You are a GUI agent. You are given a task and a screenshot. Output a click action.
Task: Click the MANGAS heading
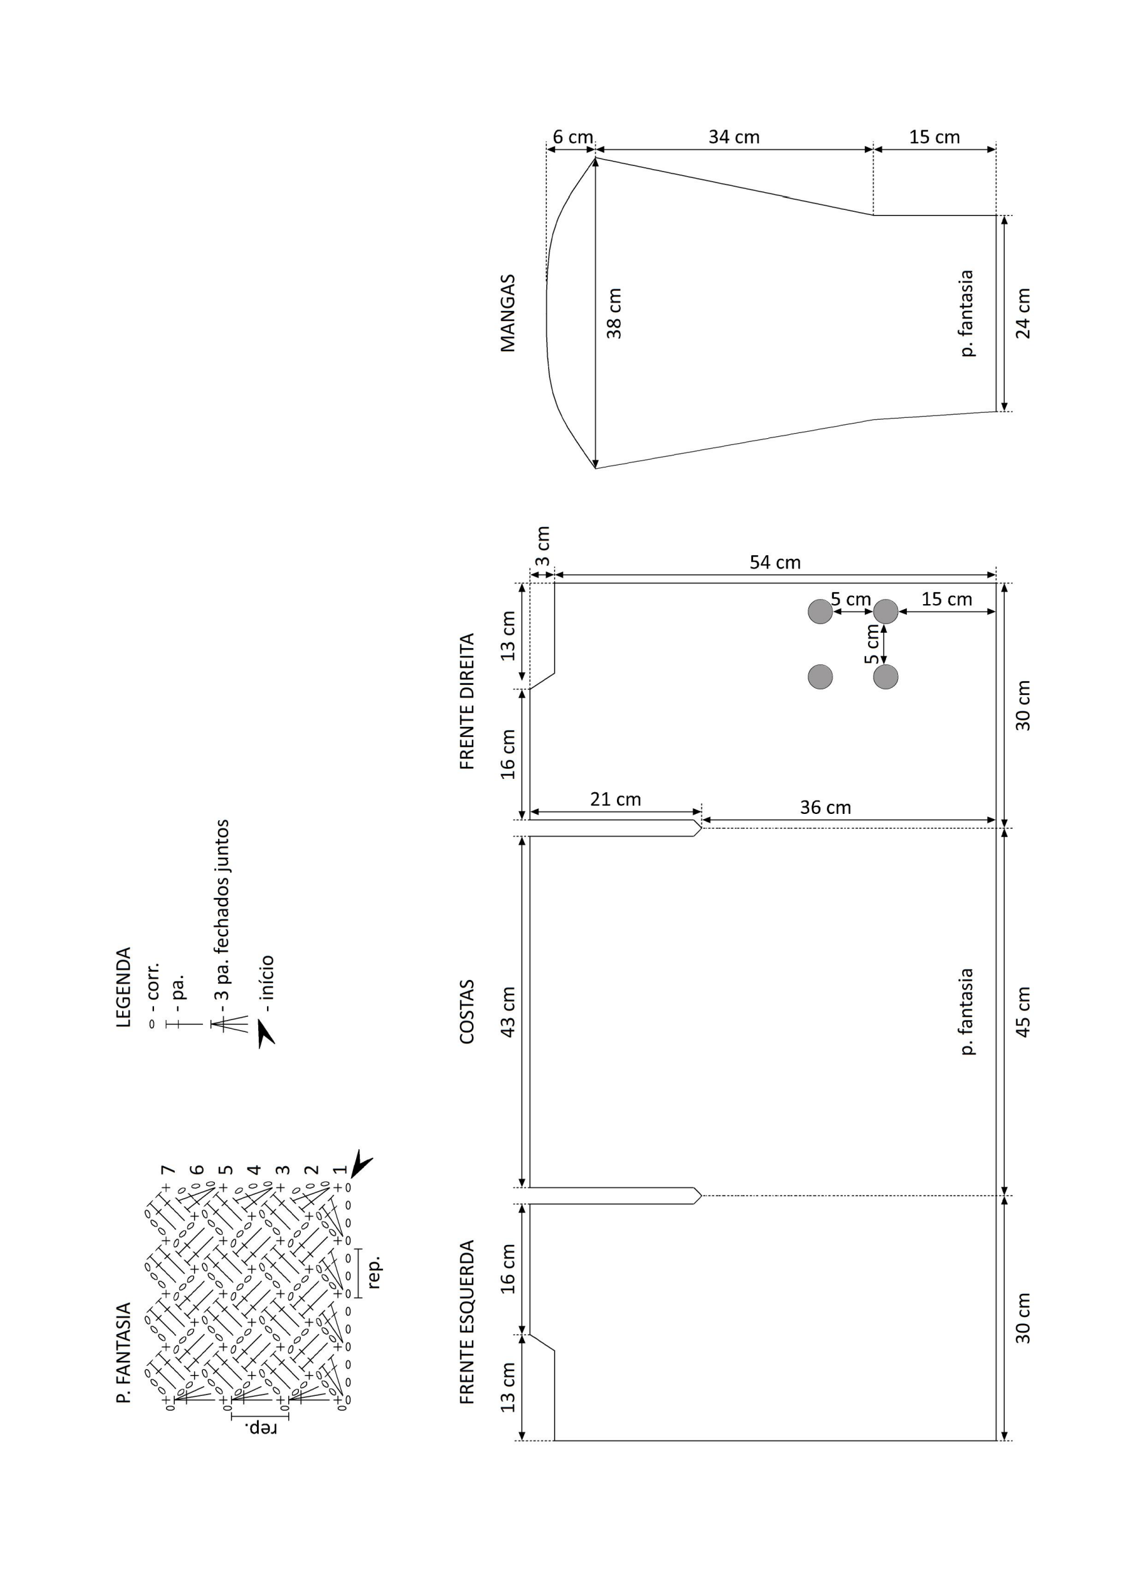508,313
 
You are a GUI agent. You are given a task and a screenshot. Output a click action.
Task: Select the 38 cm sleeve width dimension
614,313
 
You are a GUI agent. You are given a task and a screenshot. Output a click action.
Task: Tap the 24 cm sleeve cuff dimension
1023,313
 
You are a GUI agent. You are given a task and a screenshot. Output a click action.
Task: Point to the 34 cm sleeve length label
734,137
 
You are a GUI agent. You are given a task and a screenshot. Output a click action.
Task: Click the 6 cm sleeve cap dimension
572,137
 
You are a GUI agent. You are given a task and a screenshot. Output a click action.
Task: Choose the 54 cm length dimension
775,562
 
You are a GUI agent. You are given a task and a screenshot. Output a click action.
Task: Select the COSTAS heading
467,1012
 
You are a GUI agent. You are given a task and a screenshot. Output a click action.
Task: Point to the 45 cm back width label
1023,1012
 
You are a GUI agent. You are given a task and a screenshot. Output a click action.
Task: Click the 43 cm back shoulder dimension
508,1012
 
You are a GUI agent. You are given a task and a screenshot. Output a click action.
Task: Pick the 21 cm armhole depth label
616,799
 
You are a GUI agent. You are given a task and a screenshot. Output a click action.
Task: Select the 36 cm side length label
825,808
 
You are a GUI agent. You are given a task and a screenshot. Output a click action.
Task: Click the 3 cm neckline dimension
543,546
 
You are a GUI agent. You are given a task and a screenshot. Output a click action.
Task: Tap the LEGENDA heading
123,988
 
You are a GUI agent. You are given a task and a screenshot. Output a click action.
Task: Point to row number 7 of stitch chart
167,1170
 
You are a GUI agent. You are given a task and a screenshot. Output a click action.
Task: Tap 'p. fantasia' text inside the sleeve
966,313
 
